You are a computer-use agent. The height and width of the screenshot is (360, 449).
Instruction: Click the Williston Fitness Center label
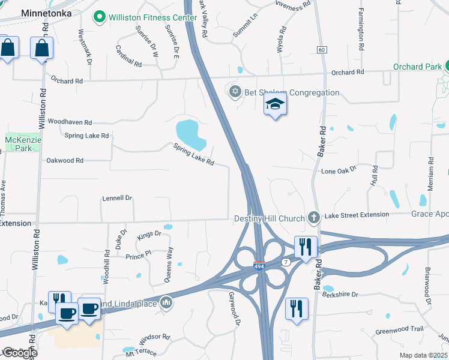(153, 17)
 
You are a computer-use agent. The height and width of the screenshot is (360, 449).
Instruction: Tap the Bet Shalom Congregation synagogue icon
(235, 92)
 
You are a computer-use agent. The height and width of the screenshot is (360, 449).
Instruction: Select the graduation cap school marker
(276, 104)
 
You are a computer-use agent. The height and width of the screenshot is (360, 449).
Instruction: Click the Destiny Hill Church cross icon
(312, 217)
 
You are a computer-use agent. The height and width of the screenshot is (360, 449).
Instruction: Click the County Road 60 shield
(322, 49)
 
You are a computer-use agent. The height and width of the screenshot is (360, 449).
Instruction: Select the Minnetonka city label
(46, 12)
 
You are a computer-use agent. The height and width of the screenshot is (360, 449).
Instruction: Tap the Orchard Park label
(418, 67)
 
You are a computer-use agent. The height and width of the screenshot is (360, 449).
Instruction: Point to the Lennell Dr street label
(117, 197)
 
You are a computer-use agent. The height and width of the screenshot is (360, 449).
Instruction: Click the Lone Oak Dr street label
(339, 171)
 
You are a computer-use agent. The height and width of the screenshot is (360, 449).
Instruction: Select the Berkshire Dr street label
(340, 295)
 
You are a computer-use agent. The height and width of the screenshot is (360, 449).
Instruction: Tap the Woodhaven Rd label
(70, 121)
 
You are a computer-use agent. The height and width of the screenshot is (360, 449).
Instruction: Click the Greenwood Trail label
(399, 329)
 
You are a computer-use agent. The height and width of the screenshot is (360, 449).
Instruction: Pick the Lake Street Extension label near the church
(357, 215)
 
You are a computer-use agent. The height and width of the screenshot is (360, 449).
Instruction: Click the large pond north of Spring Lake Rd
(191, 134)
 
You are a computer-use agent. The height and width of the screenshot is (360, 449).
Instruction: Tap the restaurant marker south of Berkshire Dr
(297, 308)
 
